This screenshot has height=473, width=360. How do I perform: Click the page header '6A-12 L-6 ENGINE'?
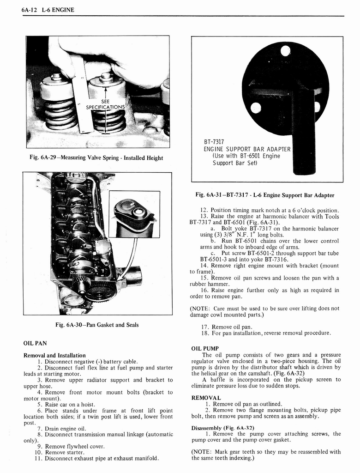coord(48,10)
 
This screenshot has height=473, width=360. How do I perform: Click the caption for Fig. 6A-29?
coord(96,158)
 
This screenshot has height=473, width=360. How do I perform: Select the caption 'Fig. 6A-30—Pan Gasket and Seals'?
coord(97,325)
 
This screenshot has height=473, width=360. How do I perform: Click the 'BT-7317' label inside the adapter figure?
coord(214,142)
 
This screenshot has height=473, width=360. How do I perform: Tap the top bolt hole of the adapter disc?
coord(285,51)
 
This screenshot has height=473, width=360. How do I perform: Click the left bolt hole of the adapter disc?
coord(255,108)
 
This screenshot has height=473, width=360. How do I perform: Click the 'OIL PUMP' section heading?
coord(204,348)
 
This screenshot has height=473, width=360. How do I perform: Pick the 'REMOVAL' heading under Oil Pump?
coord(206,397)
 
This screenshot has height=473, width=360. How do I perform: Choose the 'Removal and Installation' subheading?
coord(54,355)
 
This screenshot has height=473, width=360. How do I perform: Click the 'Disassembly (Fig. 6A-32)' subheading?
coord(222,427)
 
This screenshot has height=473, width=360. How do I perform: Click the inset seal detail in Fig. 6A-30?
coord(134,214)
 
